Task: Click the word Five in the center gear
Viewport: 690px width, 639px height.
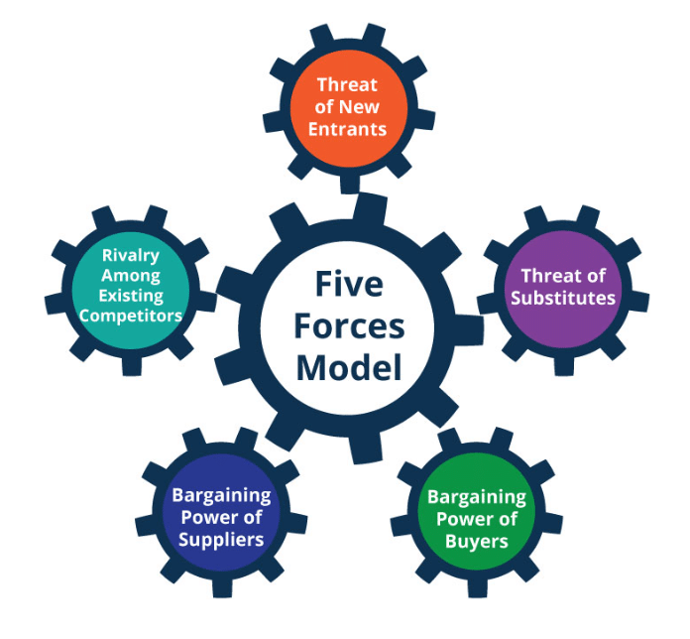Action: point(349,284)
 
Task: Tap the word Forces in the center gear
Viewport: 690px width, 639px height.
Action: point(349,326)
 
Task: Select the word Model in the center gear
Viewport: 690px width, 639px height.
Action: point(349,368)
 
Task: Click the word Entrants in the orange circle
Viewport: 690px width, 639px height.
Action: point(347,129)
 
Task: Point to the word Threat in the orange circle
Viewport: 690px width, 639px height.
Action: point(347,84)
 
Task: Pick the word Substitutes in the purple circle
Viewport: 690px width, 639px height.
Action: point(563,298)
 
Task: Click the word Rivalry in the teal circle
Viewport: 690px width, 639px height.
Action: point(131,255)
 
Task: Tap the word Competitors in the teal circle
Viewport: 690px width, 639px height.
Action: point(131,316)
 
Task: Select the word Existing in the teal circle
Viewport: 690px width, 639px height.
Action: point(131,296)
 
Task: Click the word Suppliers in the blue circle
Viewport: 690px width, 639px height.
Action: point(221,540)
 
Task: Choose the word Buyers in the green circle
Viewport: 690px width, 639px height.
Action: point(477,541)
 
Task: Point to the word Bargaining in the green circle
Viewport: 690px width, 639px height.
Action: point(477,497)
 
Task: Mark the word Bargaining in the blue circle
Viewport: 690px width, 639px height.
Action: point(221,495)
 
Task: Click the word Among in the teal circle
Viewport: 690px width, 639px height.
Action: point(131,276)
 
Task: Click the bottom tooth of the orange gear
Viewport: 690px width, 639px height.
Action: point(350,184)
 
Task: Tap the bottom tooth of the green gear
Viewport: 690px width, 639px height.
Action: point(478,587)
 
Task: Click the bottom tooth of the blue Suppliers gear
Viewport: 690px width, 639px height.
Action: point(222,587)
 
